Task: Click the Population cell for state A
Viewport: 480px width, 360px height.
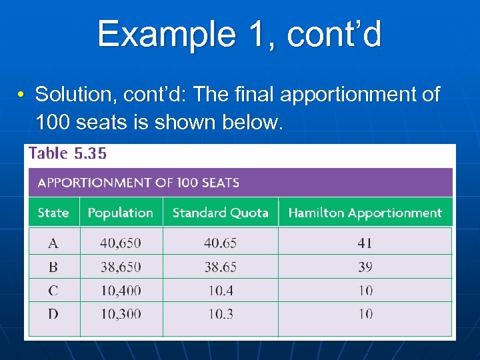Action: pos(121,243)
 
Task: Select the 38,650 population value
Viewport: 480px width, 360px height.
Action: pos(121,267)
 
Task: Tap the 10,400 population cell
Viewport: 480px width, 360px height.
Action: pos(121,291)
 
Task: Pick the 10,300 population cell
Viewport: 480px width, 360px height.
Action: pos(121,313)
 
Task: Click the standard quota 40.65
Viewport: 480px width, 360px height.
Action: pos(220,243)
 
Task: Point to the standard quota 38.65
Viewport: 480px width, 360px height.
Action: pos(220,267)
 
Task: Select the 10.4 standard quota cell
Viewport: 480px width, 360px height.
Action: pos(220,291)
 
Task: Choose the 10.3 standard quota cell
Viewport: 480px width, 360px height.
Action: pos(220,313)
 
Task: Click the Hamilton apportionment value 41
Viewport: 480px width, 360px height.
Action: pos(365,243)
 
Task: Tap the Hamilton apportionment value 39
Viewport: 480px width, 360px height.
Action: pos(365,267)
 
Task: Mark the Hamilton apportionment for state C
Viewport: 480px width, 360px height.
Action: pos(365,291)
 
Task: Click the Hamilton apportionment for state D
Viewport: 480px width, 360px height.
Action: pos(365,313)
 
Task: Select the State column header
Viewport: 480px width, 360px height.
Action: pos(53,213)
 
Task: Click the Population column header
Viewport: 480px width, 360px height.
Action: pos(121,213)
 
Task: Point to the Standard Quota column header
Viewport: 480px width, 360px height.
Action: pos(220,213)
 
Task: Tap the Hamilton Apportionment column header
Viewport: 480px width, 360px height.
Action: pos(365,213)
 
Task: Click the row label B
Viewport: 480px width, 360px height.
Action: pos(53,267)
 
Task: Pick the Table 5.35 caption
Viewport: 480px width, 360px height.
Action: pos(67,153)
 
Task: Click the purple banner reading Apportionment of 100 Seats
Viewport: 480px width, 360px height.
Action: pos(240,182)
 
